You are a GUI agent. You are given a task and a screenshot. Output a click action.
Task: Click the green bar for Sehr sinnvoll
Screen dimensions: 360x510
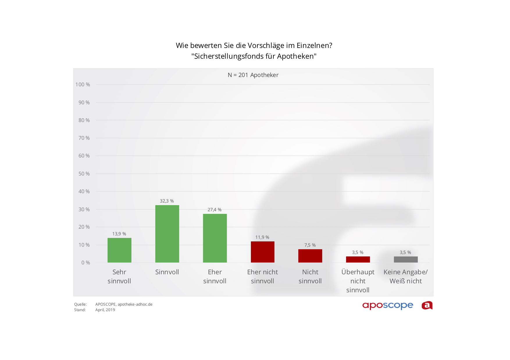click(119, 250)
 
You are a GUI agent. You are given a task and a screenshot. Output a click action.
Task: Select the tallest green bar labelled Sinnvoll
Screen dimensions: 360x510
click(167, 234)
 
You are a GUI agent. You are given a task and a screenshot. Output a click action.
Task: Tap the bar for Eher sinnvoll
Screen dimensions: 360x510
click(215, 238)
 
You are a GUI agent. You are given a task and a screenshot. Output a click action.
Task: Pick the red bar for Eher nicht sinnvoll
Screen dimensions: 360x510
click(263, 252)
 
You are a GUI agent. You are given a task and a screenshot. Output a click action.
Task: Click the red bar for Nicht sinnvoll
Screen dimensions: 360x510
click(310, 256)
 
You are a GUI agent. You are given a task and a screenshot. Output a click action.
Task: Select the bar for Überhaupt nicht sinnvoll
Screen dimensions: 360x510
click(358, 259)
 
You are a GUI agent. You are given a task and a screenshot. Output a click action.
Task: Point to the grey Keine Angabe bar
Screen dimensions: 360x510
click(406, 259)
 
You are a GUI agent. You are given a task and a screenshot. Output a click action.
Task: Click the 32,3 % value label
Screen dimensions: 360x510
click(167, 201)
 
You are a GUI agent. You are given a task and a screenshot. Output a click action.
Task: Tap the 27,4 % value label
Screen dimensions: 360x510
click(214, 210)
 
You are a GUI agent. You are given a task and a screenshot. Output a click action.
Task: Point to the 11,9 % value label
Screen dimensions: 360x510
click(262, 237)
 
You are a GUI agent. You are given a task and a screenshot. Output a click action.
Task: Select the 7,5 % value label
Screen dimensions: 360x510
click(310, 245)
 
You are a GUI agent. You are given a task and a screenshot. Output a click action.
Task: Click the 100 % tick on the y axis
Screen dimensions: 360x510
click(83, 85)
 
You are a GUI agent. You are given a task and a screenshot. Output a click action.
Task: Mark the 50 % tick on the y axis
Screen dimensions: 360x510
click(84, 174)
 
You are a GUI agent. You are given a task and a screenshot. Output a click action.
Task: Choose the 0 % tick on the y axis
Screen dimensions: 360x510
click(85, 263)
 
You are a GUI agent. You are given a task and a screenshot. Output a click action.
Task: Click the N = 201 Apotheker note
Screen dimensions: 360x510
click(253, 75)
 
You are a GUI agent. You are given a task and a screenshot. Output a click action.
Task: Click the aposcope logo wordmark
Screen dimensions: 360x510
click(388, 306)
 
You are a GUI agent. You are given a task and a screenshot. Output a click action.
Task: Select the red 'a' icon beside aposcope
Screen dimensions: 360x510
click(427, 305)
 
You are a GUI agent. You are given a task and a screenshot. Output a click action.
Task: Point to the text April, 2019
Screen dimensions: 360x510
click(105, 310)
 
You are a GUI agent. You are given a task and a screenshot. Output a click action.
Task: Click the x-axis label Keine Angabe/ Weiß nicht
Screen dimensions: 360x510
click(405, 276)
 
